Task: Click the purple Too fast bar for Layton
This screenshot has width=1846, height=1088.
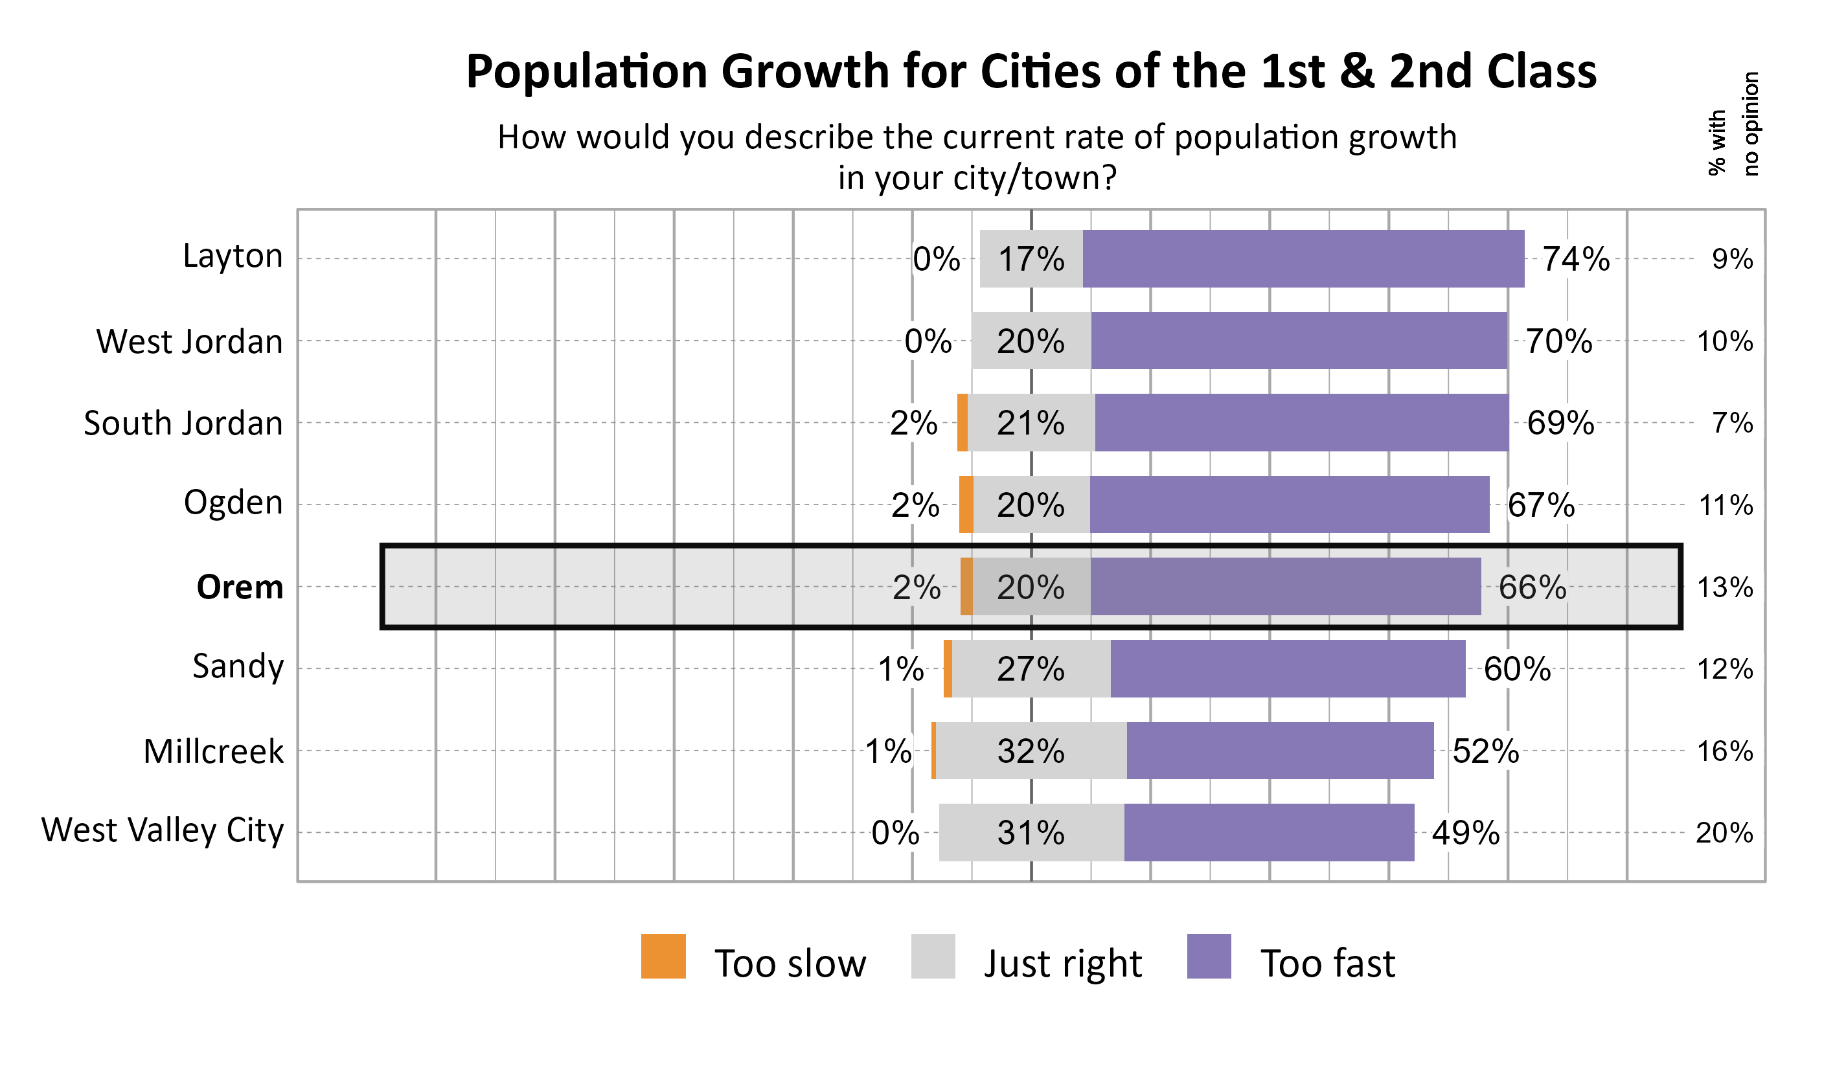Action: coord(1303,259)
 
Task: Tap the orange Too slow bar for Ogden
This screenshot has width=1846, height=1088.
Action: coord(966,504)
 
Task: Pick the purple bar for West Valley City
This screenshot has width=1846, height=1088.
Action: coord(1269,832)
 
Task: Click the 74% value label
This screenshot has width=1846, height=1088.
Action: coord(1576,260)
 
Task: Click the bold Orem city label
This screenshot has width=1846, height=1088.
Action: coord(240,587)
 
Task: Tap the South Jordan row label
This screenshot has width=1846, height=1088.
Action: coord(183,424)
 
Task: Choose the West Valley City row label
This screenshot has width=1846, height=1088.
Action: coord(163,831)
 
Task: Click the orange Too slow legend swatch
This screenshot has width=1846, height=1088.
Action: coord(663,956)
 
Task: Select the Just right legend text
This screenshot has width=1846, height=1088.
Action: coord(1062,964)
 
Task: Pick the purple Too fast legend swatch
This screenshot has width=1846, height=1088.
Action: coord(1209,956)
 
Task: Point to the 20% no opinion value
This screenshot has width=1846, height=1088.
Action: coord(1724,833)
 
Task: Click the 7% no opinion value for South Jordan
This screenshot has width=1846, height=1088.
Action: coord(1733,423)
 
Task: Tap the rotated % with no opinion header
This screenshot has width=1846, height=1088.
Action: coord(1733,124)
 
